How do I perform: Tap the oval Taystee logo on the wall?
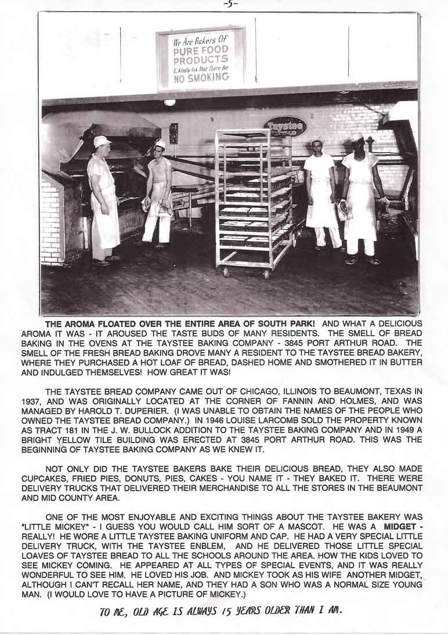(285, 126)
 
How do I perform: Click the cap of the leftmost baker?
(102, 141)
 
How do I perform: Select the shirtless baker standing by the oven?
(158, 192)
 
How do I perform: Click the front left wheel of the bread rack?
(226, 272)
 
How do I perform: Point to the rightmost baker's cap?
(356, 137)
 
